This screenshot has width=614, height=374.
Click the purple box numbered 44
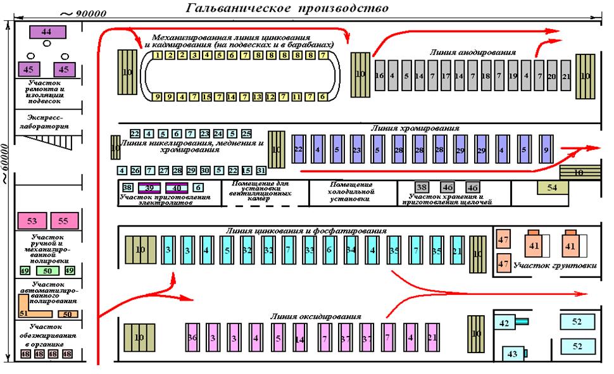tap(46, 31)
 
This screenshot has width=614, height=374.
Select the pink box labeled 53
tap(32, 221)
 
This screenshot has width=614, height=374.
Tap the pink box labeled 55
tap(63, 221)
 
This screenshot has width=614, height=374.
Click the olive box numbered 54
tap(553, 187)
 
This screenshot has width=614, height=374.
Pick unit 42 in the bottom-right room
tap(505, 323)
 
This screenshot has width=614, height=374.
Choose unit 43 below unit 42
tap(512, 352)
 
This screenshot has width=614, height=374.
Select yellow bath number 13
tap(257, 97)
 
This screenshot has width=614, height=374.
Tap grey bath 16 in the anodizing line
tap(380, 76)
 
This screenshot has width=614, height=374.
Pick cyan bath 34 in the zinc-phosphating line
tap(350, 250)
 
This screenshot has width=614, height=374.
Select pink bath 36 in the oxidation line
tap(192, 338)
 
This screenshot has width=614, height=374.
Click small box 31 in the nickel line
tap(261, 171)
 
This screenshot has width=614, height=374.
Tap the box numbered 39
tap(150, 187)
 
